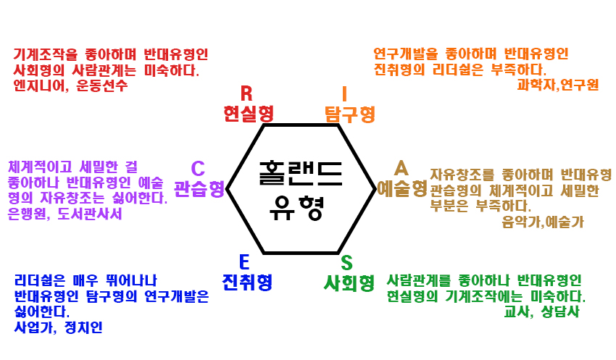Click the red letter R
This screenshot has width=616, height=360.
[x=246, y=93]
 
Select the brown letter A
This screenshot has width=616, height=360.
[x=401, y=168]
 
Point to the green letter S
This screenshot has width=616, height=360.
[x=347, y=262]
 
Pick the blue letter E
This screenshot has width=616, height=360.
[x=244, y=262]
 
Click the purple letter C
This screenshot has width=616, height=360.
[x=197, y=169]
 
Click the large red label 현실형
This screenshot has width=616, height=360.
[x=249, y=114]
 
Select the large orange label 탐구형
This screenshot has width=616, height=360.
[x=349, y=114]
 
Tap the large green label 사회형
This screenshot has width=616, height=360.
[x=349, y=282]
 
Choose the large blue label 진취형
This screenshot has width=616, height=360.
[x=247, y=282]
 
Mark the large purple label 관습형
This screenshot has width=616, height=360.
[x=199, y=189]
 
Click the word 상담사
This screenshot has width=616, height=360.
[x=560, y=312]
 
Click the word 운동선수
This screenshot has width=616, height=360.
[x=103, y=85]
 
